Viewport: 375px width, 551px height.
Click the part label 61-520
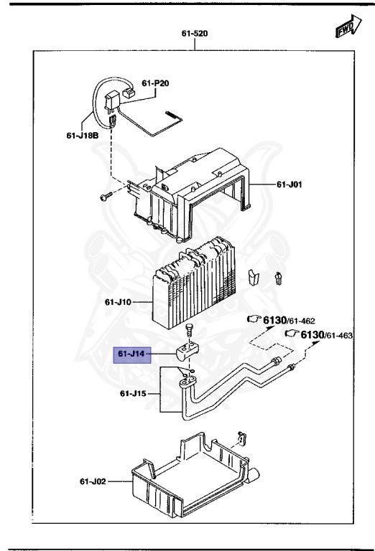[x=194, y=34]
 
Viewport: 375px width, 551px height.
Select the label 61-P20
[x=155, y=83]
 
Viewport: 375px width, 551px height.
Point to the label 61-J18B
[x=82, y=133]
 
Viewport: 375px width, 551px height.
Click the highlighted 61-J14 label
[x=131, y=354]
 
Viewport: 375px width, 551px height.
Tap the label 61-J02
[x=91, y=481]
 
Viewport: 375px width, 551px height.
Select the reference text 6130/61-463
[x=326, y=334]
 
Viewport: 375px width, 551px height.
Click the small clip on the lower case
[x=242, y=435]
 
